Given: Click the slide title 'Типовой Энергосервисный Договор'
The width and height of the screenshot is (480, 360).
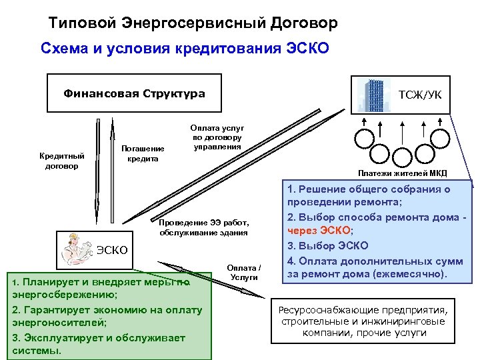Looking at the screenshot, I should click(x=193, y=23).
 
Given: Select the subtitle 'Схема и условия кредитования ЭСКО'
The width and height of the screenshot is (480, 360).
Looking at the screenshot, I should click(x=185, y=50).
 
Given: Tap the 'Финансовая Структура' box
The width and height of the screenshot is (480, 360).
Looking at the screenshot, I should click(x=133, y=93).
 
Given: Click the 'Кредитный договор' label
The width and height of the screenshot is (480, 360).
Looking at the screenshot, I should click(x=61, y=160).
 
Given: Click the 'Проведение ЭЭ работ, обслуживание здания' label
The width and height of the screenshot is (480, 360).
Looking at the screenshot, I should click(x=203, y=227).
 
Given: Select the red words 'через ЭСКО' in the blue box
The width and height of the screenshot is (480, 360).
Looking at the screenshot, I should click(x=317, y=230).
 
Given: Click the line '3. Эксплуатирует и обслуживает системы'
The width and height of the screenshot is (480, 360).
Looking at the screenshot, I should click(x=98, y=343).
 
